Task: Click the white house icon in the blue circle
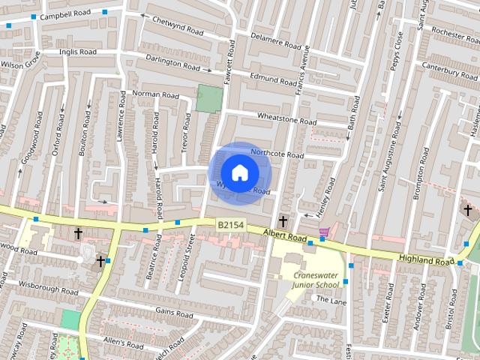[239, 172]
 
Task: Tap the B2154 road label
[230, 224]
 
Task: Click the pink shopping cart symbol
[324, 232]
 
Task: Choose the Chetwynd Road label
[178, 27]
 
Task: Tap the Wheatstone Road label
[287, 119]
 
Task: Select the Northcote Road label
[277, 154]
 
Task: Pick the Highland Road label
[427, 259]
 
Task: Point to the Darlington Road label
[170, 64]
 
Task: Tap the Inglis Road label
[79, 52]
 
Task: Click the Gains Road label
[169, 310]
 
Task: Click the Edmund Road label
[274, 77]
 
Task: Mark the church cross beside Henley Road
[283, 220]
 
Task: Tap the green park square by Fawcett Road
[211, 98]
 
